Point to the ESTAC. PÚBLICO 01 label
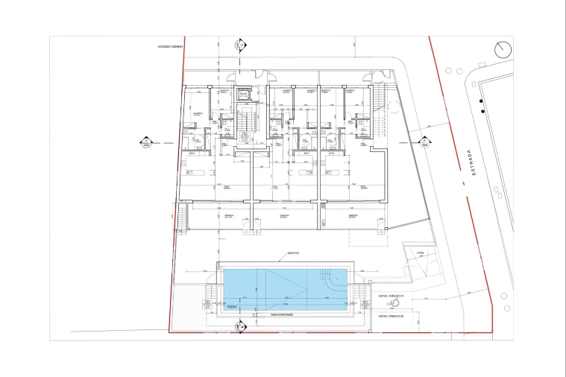(391, 296)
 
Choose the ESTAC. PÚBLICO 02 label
(391, 316)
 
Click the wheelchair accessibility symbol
(407, 304)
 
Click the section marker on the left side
(146, 143)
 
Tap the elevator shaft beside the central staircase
(243, 95)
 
